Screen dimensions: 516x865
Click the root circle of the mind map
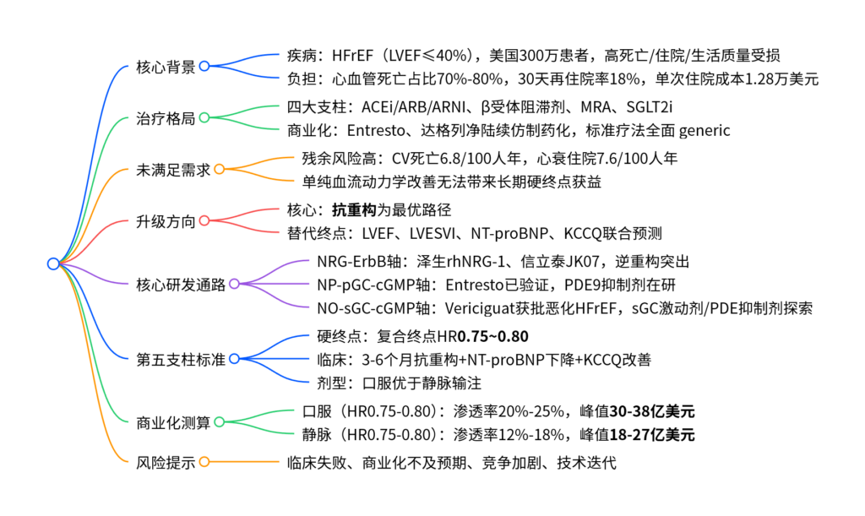53,263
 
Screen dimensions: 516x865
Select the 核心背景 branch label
166,67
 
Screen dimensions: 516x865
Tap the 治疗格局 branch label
166,118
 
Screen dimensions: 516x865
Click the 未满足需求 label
172,169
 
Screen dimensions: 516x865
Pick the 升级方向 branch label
166,221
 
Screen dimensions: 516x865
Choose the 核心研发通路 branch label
180,285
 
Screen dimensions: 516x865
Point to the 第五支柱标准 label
180,360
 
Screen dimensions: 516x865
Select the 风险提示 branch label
166,462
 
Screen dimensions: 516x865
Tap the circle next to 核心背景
204,67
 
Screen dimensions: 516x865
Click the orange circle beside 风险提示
204,462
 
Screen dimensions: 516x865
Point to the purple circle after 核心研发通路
234,285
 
